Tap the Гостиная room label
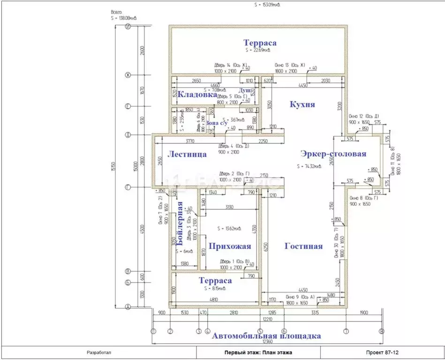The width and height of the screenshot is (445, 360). pyautogui.click(x=304, y=246)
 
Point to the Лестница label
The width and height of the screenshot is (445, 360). pyautogui.click(x=187, y=154)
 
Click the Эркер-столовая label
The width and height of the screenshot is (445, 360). pyautogui.click(x=333, y=154)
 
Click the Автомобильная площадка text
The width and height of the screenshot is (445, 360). pyautogui.click(x=266, y=336)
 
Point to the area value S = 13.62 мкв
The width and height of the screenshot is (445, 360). pyautogui.click(x=231, y=229)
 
